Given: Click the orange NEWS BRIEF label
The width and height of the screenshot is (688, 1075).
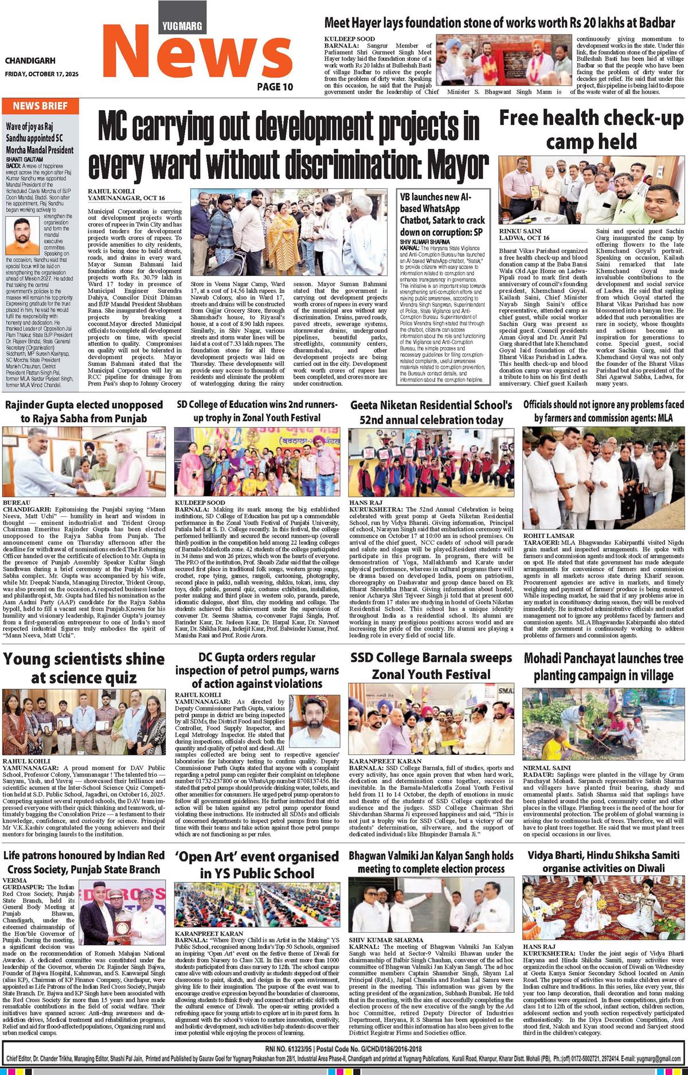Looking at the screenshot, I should (40, 106).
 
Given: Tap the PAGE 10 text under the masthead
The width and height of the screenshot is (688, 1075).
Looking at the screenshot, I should (275, 86).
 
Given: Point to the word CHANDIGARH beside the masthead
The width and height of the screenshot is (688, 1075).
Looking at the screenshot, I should (30, 61).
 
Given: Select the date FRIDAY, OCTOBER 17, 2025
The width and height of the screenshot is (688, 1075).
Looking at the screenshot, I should (41, 74).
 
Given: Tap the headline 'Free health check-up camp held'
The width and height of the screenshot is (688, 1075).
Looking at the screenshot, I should (591, 129).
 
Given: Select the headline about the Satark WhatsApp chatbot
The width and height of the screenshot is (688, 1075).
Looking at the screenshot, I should (442, 215).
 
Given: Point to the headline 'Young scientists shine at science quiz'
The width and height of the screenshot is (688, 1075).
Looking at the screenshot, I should (84, 668).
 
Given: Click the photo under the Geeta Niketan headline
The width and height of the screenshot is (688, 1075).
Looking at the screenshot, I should (431, 462).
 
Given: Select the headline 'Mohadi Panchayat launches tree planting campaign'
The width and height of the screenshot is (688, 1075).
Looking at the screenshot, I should (604, 667).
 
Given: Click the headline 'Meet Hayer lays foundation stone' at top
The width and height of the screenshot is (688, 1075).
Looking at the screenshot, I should (499, 23).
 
